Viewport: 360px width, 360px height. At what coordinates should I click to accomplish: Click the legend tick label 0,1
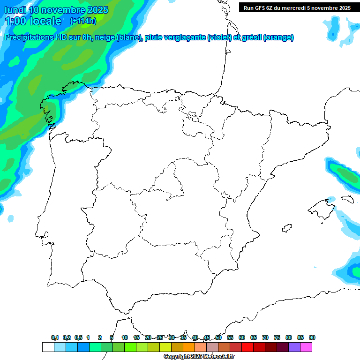(x=55, y=337)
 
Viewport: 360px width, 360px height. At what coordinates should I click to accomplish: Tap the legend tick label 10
(x=125, y=337)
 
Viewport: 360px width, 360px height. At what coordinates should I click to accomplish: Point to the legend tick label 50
(x=218, y=337)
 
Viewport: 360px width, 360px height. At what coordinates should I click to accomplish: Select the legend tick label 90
(x=312, y=337)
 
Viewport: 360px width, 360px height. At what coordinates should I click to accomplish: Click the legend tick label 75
(x=277, y=337)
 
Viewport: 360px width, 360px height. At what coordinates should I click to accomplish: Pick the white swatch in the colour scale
(x=48, y=347)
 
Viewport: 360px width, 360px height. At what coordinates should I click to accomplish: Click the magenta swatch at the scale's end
(x=306, y=347)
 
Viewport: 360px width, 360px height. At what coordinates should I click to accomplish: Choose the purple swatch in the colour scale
(x=294, y=347)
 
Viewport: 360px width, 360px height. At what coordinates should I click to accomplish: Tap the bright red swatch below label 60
(x=247, y=347)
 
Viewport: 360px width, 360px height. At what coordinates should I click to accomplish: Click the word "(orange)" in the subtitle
(x=278, y=37)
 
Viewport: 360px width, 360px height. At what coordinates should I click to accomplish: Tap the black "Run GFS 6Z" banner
(x=297, y=7)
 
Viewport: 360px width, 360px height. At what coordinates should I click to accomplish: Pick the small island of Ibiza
(x=285, y=229)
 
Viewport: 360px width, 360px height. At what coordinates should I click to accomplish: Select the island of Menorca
(x=347, y=199)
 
